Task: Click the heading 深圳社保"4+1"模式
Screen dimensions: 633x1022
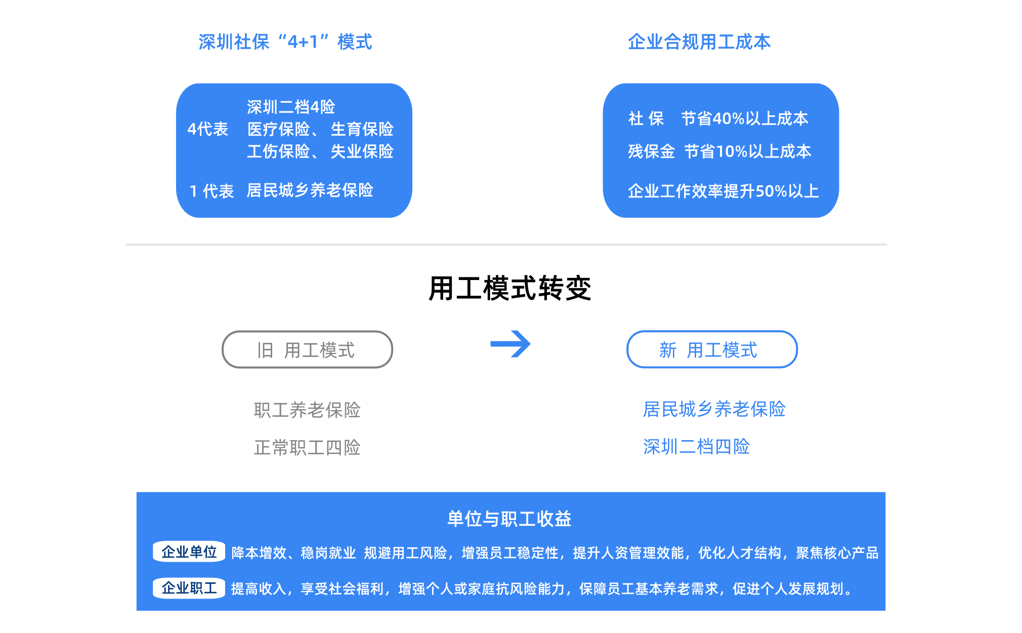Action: tap(285, 42)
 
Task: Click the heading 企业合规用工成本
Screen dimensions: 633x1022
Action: tap(699, 42)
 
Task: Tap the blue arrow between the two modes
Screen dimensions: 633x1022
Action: tap(510, 344)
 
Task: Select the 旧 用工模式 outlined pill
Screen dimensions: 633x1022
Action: tap(307, 349)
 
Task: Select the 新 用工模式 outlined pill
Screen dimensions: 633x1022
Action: tap(711, 349)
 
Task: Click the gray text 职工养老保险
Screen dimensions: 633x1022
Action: tap(307, 410)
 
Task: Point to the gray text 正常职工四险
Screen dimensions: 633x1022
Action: tap(307, 447)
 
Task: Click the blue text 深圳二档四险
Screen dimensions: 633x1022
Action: tap(696, 446)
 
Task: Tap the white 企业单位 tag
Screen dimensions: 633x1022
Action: tap(189, 551)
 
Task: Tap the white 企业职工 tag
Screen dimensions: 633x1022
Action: tap(189, 588)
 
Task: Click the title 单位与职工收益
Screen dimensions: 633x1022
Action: tap(509, 519)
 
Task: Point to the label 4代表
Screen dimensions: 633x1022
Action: tap(207, 129)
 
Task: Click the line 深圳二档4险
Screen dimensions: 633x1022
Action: tap(291, 107)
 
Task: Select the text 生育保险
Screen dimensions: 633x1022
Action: tap(362, 129)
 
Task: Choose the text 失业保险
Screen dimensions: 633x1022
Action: tap(362, 151)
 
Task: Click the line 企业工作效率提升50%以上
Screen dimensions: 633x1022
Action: tap(723, 191)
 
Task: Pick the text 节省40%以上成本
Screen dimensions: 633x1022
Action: tap(744, 118)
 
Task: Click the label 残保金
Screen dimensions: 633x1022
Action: tap(651, 151)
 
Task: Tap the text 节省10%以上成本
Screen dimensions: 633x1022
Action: tap(747, 151)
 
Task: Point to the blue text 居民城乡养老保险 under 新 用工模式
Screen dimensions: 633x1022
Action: tap(714, 409)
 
